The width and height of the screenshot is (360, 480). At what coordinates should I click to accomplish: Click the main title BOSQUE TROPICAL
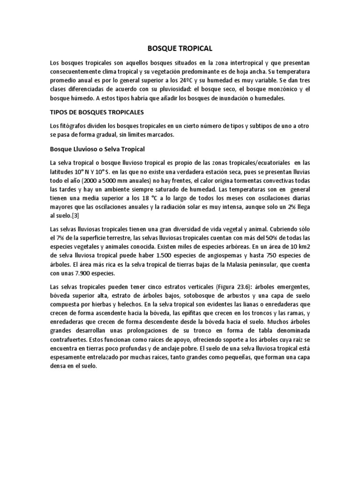point(180,48)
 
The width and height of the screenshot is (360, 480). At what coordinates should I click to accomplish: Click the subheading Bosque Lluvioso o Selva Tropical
point(98,150)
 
